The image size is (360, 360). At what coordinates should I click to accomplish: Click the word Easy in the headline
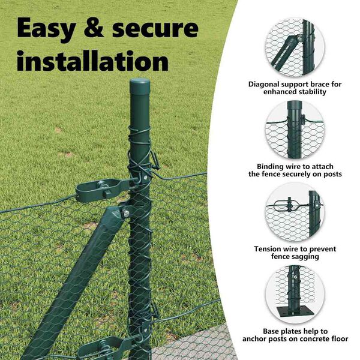tap(47, 28)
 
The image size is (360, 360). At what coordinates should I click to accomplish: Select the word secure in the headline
tap(155, 29)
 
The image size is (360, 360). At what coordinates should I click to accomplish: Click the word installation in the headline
tap(93, 61)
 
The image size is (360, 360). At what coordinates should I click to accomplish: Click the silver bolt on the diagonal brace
tap(126, 214)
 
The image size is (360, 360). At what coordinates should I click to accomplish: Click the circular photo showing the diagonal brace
tap(295, 47)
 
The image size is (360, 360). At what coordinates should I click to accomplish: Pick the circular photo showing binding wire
tap(295, 130)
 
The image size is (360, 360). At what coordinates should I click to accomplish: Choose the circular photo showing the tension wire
tap(295, 212)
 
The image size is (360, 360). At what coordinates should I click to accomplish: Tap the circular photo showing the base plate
tap(295, 295)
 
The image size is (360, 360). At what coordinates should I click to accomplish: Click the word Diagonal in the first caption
tap(264, 85)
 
